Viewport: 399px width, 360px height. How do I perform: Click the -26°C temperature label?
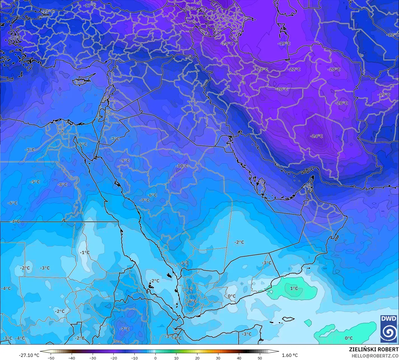190,8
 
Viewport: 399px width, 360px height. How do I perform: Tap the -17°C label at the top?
90,5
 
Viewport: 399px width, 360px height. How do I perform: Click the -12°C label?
393,35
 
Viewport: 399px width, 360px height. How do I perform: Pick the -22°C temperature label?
294,69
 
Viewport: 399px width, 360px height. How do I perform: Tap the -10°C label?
182,166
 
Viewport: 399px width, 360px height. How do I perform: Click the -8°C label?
62,184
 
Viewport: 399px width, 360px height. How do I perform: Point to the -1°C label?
85,252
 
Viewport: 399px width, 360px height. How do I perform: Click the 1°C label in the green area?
294,288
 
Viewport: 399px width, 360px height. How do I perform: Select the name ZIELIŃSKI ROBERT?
374,349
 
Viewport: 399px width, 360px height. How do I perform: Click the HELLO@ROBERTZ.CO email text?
375,356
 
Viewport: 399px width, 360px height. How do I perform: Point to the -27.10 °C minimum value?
29,355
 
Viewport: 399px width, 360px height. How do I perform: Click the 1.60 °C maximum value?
290,355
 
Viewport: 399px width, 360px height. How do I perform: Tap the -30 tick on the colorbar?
93,358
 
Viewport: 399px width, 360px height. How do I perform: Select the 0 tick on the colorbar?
155,358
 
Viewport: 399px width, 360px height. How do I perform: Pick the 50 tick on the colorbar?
260,358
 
